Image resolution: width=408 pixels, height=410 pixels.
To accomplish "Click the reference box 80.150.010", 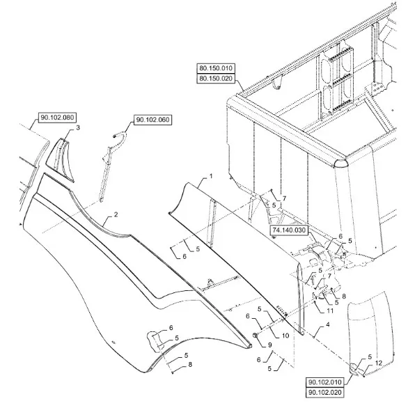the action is tap(216, 68).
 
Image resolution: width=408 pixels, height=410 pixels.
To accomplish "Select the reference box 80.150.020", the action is tap(216, 79).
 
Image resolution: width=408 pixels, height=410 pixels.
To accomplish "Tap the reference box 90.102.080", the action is tap(57, 118).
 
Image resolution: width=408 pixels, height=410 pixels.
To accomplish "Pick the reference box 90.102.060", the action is tap(153, 120).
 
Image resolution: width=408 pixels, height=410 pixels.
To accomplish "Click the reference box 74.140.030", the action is tap(289, 230).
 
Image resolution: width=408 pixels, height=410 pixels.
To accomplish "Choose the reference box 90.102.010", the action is tap(324, 382).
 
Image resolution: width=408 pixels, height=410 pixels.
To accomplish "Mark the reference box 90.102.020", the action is tap(324, 392).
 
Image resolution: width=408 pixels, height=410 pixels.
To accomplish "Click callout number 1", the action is tap(211, 177).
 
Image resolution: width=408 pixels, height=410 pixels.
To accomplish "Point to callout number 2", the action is tap(116, 214).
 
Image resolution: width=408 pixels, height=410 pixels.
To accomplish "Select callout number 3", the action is tap(78, 127).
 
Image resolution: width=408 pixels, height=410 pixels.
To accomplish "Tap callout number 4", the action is tap(328, 324).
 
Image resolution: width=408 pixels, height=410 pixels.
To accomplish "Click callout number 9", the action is tap(270, 345).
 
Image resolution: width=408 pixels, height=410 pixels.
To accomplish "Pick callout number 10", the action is tap(285, 336).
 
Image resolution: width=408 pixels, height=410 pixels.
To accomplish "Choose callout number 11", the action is tap(330, 310).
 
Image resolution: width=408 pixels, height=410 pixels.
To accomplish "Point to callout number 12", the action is tap(379, 363).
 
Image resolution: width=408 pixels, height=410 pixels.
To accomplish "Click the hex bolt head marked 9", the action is tap(255, 335).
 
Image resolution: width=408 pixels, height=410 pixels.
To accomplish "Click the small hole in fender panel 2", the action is tap(113, 342).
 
